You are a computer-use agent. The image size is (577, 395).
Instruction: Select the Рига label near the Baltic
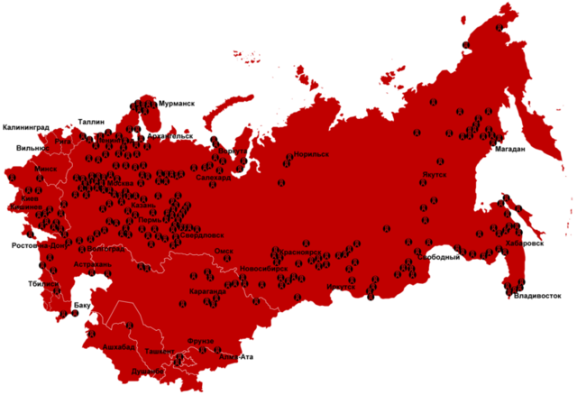point(63,142)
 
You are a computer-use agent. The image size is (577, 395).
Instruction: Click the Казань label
point(143,206)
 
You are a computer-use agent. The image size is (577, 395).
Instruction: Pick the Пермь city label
point(151,219)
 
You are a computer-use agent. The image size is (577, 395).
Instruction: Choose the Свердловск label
point(192,236)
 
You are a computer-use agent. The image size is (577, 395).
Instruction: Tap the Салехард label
point(214,179)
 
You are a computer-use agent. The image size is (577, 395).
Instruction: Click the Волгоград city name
point(106,249)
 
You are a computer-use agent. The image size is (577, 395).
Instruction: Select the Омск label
point(224,252)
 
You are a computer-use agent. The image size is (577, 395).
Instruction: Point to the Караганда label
point(207,291)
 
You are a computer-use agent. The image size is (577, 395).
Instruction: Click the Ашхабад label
point(119,346)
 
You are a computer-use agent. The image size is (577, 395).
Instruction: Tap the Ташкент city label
point(160,350)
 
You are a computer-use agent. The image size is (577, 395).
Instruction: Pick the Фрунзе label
point(200,341)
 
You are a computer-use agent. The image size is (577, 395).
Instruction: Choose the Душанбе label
point(147,371)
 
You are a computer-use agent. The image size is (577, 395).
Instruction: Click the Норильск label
point(311,154)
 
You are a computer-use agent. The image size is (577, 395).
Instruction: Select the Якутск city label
point(435,174)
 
